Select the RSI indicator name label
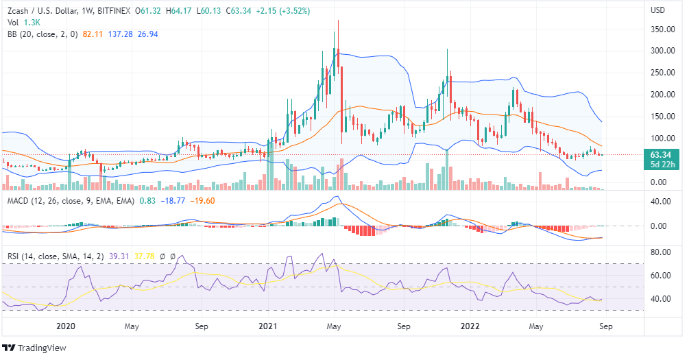(14, 256)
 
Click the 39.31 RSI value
(114, 256)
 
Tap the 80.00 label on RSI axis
(659, 252)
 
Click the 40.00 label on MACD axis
(659, 202)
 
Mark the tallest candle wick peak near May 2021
(337, 21)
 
